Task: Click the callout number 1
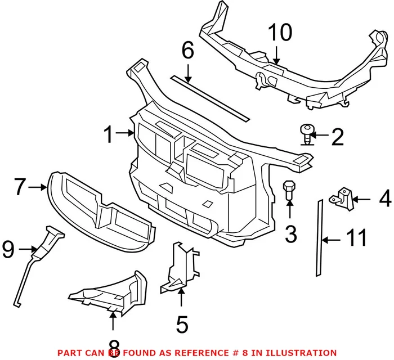[x=110, y=135]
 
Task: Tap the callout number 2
[x=337, y=136]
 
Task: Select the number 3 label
[x=290, y=233]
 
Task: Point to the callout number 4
[x=385, y=199]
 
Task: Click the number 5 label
[x=181, y=324]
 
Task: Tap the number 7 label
[x=20, y=187]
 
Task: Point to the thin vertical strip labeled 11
[x=319, y=236]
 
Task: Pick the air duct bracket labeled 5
[x=181, y=267]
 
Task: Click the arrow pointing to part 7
[x=39, y=187]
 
